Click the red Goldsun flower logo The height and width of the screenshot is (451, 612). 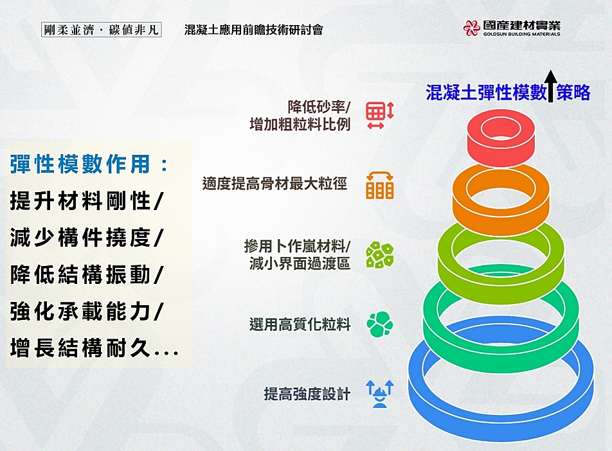tap(471, 28)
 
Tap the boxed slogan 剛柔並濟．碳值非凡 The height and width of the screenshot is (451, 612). tap(101, 30)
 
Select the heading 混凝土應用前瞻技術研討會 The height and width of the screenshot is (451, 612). tap(254, 30)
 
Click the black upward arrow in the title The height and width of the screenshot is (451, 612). tap(551, 86)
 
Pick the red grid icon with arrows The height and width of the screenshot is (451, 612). tap(380, 115)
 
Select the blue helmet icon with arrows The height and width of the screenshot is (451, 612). tap(380, 394)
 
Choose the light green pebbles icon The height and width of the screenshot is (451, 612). tap(380, 255)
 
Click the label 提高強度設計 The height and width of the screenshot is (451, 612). tap(307, 394)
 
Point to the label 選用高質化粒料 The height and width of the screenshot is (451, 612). tap(300, 324)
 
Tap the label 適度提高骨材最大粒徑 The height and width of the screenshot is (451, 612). tap(274, 183)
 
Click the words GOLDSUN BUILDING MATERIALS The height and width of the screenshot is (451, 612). tap(521, 34)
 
